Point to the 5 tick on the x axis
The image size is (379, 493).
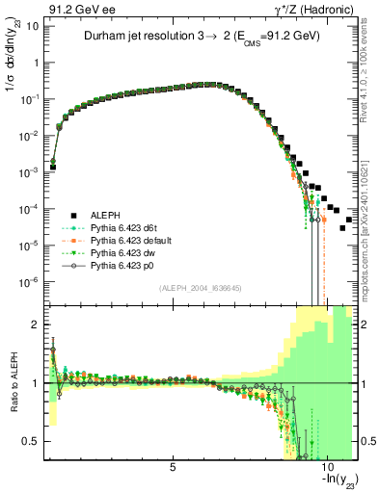point(173,467)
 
